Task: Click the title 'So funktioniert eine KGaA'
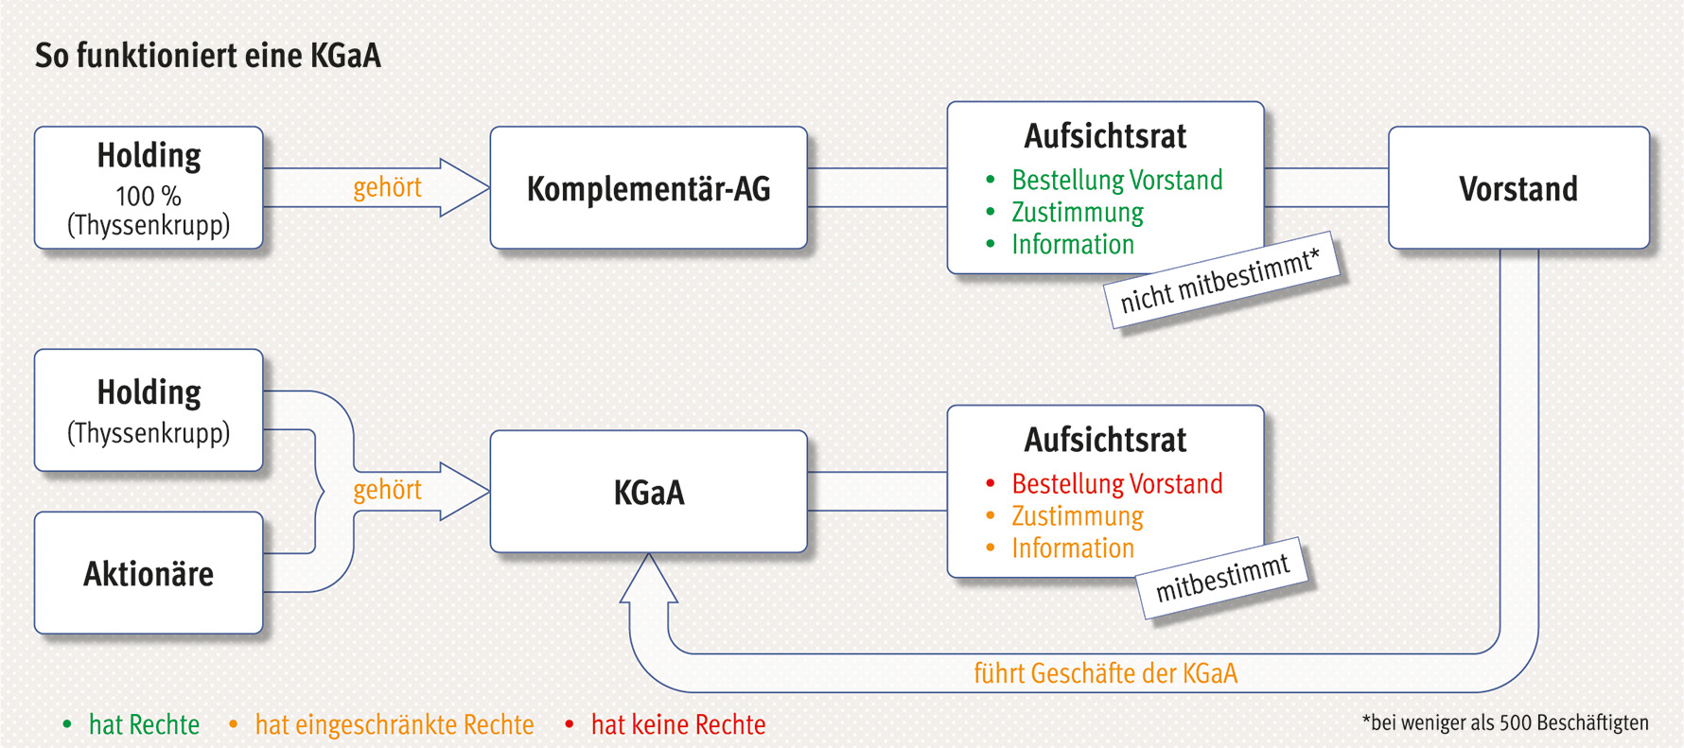coord(208,56)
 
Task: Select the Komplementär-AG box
coord(648,188)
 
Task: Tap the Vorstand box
coord(1517,188)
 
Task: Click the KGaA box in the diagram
coord(648,492)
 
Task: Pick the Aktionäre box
coord(149,573)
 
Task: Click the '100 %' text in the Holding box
coord(149,196)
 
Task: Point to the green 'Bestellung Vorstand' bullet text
coord(1116,180)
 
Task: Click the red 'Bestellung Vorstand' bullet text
coord(1116,483)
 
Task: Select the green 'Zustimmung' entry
coord(1077,212)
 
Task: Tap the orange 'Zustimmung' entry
coord(1077,515)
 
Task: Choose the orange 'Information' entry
coord(1072,548)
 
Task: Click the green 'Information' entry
coord(1072,244)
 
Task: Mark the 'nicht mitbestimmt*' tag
coord(1221,281)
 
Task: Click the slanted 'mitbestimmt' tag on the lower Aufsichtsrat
coord(1222,579)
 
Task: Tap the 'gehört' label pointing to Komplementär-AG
coord(387,187)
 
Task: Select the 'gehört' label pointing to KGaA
coord(387,490)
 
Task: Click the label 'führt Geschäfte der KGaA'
coord(1105,673)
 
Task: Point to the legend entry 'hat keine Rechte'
coord(677,724)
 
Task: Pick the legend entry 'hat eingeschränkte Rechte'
coord(394,724)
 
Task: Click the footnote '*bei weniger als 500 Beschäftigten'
coord(1504,722)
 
